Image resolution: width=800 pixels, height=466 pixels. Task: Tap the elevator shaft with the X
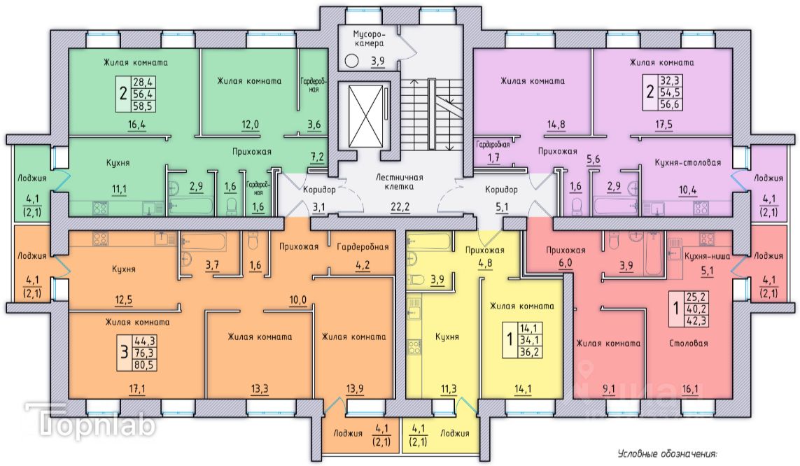pos(365,115)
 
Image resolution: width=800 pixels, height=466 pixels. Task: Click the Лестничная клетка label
pos(400,182)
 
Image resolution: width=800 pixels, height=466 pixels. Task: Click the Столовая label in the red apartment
pos(689,344)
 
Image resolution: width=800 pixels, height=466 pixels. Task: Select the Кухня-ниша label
pos(707,256)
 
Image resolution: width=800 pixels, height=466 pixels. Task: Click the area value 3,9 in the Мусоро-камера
pos(377,61)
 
